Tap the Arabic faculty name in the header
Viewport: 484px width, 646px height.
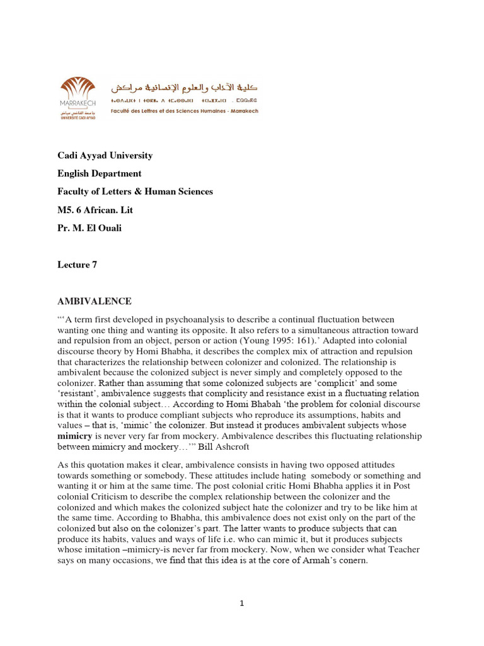pos(184,87)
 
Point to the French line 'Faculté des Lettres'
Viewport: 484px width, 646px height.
pos(184,111)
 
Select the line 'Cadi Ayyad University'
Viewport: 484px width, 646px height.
pos(105,155)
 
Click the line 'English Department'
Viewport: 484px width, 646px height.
pos(100,173)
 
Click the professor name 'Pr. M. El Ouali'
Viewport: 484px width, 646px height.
pos(90,228)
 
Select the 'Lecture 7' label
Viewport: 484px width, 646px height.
pos(78,265)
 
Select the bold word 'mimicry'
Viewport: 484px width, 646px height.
pos(75,436)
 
